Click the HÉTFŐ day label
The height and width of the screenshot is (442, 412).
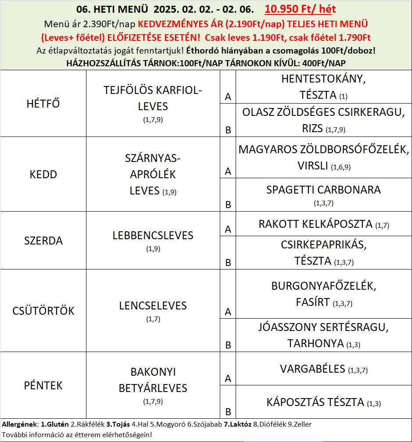click(x=43, y=104)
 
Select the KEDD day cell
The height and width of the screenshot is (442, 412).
click(x=43, y=174)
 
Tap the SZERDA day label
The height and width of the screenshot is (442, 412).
click(x=43, y=241)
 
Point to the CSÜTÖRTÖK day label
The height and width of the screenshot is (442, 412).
click(x=43, y=311)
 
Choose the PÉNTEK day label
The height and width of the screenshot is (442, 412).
click(x=43, y=386)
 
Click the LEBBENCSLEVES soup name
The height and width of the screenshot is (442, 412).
click(x=153, y=235)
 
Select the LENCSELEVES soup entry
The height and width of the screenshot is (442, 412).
click(x=153, y=305)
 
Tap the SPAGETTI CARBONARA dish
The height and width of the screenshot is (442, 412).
click(x=323, y=190)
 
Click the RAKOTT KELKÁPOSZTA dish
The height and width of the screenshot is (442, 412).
click(x=315, y=224)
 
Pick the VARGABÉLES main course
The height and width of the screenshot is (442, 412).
click(x=312, y=369)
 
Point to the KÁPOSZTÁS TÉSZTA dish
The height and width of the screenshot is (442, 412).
click(x=315, y=402)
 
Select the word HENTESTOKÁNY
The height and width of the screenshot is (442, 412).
click(x=323, y=79)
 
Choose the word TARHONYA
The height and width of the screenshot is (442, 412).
click(x=315, y=343)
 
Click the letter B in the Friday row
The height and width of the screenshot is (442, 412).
click(x=228, y=412)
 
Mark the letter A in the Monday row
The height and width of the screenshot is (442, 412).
click(x=228, y=97)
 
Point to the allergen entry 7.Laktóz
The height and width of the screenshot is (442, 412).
click(x=237, y=424)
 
